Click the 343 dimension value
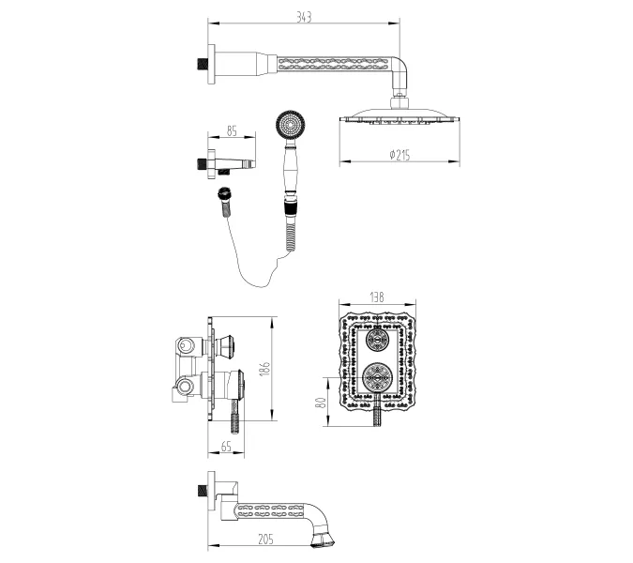click(x=304, y=18)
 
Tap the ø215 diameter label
click(x=399, y=155)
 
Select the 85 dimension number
click(x=232, y=131)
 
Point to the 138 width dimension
click(x=377, y=297)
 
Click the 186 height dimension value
click(x=264, y=369)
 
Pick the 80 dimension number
click(x=321, y=403)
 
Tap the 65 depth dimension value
click(x=226, y=447)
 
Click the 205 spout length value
click(x=265, y=540)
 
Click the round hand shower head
click(x=291, y=125)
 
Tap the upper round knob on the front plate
click(x=377, y=341)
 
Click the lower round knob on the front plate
click(x=377, y=377)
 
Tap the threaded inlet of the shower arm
click(x=203, y=64)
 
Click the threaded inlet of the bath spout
click(x=203, y=491)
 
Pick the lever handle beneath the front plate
click(x=377, y=411)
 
